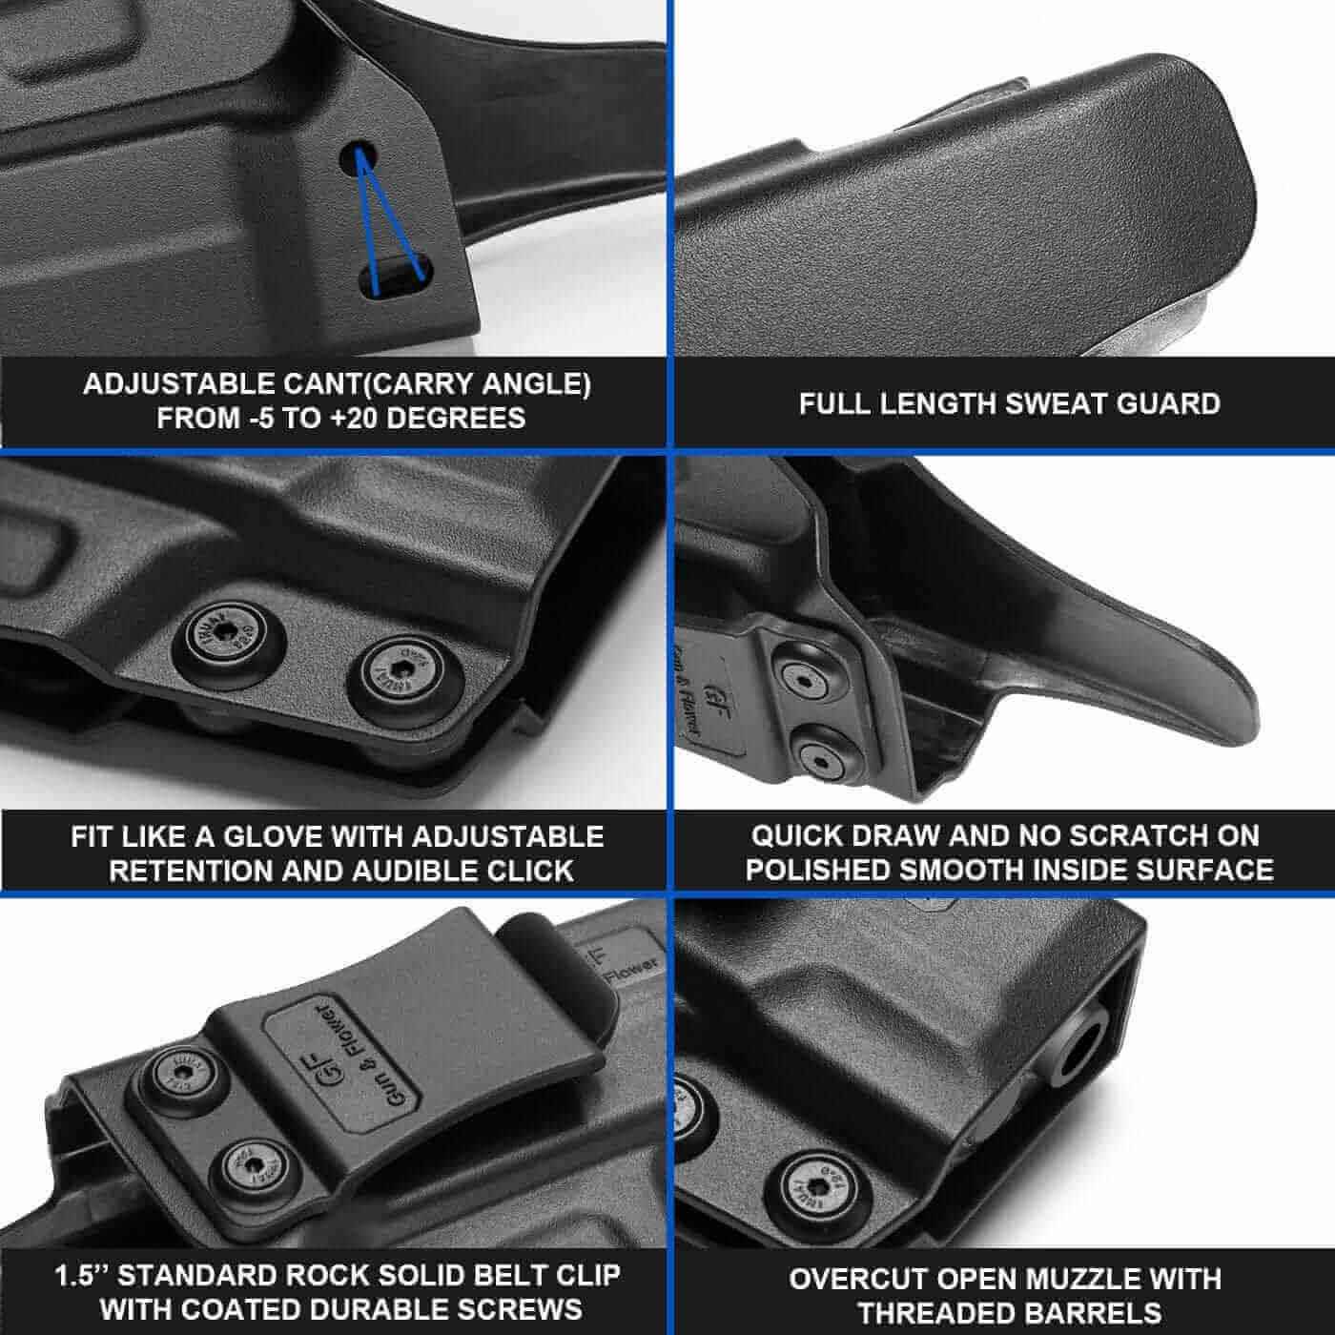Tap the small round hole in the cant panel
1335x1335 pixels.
click(358, 157)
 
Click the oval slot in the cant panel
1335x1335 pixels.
click(396, 277)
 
